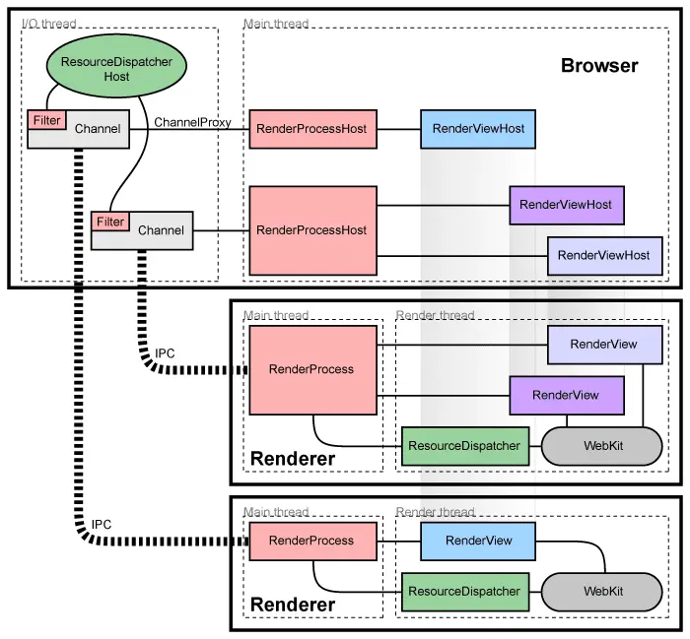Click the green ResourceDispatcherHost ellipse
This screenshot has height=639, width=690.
tap(116, 69)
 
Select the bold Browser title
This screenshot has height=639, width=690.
tap(599, 67)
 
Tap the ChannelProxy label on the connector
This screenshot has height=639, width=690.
tap(193, 123)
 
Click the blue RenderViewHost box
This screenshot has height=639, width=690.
tap(478, 129)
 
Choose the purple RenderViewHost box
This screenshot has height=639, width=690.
tap(566, 205)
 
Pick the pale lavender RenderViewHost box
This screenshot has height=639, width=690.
tap(604, 255)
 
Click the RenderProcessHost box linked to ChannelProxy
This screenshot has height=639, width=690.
tap(310, 129)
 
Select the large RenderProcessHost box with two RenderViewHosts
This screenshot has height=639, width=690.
tap(311, 230)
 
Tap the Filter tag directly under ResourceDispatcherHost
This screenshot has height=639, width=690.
tap(46, 120)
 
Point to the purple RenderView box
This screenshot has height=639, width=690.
tap(566, 395)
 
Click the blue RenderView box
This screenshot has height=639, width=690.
tap(479, 541)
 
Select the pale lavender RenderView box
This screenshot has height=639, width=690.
tap(604, 345)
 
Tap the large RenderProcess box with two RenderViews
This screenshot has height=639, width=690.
tap(311, 369)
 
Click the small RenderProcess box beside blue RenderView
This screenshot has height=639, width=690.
tap(311, 541)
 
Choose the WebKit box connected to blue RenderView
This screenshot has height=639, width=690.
tap(602, 591)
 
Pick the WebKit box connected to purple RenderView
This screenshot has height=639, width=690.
tap(602, 446)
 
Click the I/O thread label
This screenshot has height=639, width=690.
tap(48, 24)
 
